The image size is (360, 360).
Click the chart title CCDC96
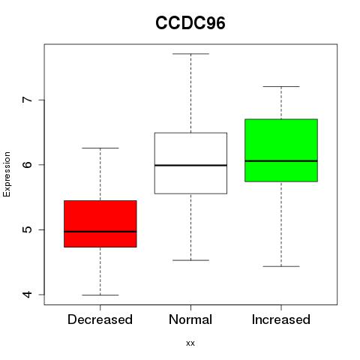(x=190, y=23)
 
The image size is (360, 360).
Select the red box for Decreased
(x=100, y=223)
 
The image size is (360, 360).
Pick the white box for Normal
(x=190, y=163)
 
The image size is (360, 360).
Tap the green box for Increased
(x=281, y=150)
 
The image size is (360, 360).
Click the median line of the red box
(x=100, y=232)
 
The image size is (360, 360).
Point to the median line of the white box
(x=190, y=165)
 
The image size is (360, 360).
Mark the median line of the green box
(x=281, y=161)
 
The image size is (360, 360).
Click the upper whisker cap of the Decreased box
(x=100, y=148)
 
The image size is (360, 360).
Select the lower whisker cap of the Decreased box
(x=100, y=295)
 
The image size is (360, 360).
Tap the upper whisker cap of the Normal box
(x=190, y=54)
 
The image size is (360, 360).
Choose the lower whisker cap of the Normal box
(x=190, y=260)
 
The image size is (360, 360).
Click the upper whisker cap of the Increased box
(x=281, y=86)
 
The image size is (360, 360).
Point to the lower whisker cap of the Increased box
(x=281, y=266)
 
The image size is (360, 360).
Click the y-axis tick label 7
(x=28, y=100)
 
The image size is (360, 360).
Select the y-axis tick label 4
(x=28, y=295)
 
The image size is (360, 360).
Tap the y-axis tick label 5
(x=28, y=229)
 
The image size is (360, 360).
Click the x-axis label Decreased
(x=100, y=319)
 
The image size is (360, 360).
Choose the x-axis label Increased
(x=281, y=319)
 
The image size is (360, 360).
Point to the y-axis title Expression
(x=7, y=174)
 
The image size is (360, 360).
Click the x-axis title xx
(x=190, y=343)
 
